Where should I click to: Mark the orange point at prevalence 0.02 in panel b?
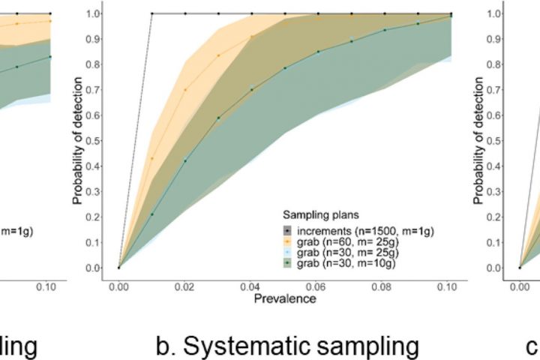pyautogui.click(x=185, y=90)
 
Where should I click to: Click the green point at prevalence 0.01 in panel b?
pyautogui.click(x=152, y=214)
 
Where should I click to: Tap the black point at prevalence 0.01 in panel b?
pyautogui.click(x=152, y=13)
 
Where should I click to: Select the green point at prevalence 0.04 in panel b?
pyautogui.click(x=252, y=90)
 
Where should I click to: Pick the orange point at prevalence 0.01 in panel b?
pyautogui.click(x=152, y=158)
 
